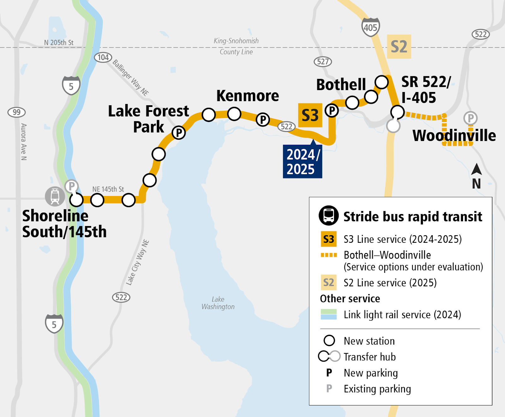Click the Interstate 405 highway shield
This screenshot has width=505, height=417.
(x=370, y=27)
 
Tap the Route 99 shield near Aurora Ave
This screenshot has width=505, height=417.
(x=16, y=112)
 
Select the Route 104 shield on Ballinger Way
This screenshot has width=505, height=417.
(x=103, y=57)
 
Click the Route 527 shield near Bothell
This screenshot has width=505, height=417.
(x=323, y=61)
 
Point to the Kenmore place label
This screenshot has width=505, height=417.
(x=247, y=96)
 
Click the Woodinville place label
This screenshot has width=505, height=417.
(x=454, y=135)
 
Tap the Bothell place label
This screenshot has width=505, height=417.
(x=341, y=85)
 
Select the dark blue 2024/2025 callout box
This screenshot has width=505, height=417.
(x=302, y=162)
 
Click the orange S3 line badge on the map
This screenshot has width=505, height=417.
(x=310, y=115)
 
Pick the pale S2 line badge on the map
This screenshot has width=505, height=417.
(x=399, y=46)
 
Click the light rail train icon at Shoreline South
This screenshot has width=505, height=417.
(x=55, y=196)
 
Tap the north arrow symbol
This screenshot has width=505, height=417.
(x=476, y=170)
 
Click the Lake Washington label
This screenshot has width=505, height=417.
(x=218, y=303)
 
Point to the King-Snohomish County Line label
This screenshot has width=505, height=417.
(x=236, y=46)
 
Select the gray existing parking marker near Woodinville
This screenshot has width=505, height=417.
(x=470, y=118)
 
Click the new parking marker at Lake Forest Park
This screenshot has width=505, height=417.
(x=179, y=132)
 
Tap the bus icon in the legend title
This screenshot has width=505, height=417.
(x=329, y=216)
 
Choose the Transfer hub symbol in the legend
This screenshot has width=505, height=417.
(x=329, y=356)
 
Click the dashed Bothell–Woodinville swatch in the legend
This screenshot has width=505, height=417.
(x=329, y=255)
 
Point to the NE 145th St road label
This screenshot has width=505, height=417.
(x=108, y=189)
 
